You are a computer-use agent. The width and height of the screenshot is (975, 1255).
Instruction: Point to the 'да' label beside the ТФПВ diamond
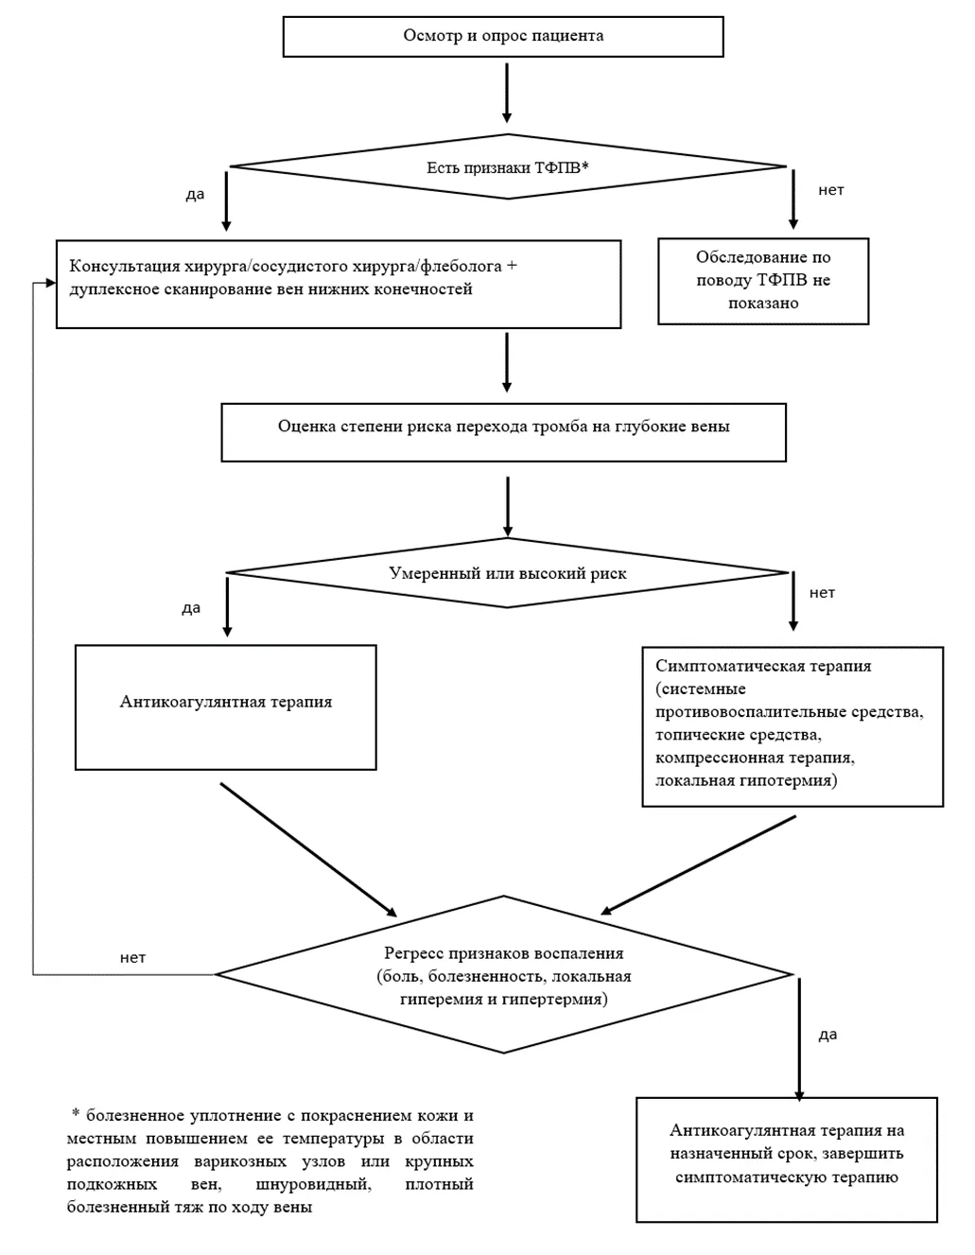tap(195, 195)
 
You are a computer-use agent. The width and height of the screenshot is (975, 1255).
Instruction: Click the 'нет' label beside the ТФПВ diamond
tap(830, 190)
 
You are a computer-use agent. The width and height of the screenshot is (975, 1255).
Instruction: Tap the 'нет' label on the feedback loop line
tap(132, 958)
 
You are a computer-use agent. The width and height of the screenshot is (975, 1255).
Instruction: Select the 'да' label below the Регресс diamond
tap(827, 1035)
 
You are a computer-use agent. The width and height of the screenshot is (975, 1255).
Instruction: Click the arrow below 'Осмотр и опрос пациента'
tap(507, 93)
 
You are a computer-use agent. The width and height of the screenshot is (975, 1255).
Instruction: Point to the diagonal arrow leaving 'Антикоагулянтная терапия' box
tap(309, 850)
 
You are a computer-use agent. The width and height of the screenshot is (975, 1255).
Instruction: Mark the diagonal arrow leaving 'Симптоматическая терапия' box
tap(699, 865)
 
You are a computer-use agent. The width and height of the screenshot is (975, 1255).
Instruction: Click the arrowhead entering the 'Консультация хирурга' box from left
tap(51, 283)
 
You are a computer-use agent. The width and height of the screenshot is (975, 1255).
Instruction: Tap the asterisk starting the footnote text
tap(76, 1111)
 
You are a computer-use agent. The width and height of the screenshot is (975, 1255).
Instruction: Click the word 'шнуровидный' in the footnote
tap(313, 1184)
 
